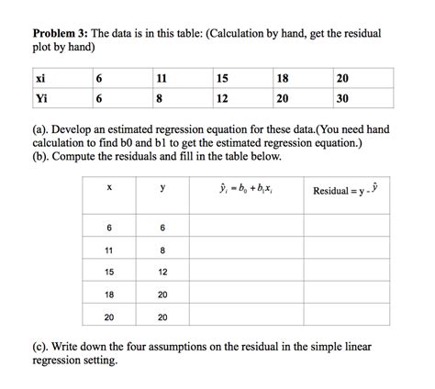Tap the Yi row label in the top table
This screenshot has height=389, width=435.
tap(42, 98)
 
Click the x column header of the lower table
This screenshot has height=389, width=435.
tap(109, 190)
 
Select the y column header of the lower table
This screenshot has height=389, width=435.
tap(162, 190)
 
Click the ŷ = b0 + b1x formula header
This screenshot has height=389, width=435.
tap(248, 191)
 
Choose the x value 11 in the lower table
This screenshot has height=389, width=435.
tap(109, 249)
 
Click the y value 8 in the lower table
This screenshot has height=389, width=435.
tap(162, 249)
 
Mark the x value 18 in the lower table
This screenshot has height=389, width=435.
tap(109, 295)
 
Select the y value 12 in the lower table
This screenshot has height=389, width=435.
tap(162, 272)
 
